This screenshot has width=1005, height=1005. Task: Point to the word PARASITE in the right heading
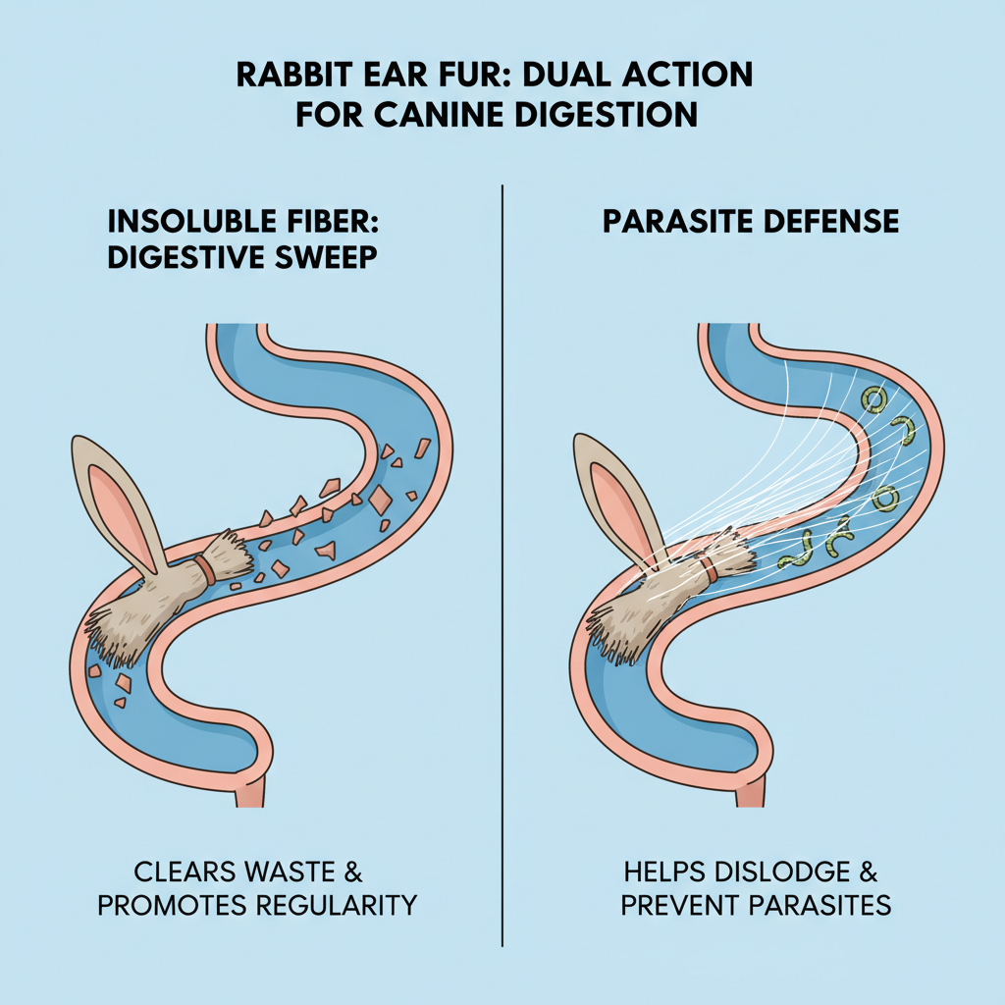(x=674, y=221)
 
